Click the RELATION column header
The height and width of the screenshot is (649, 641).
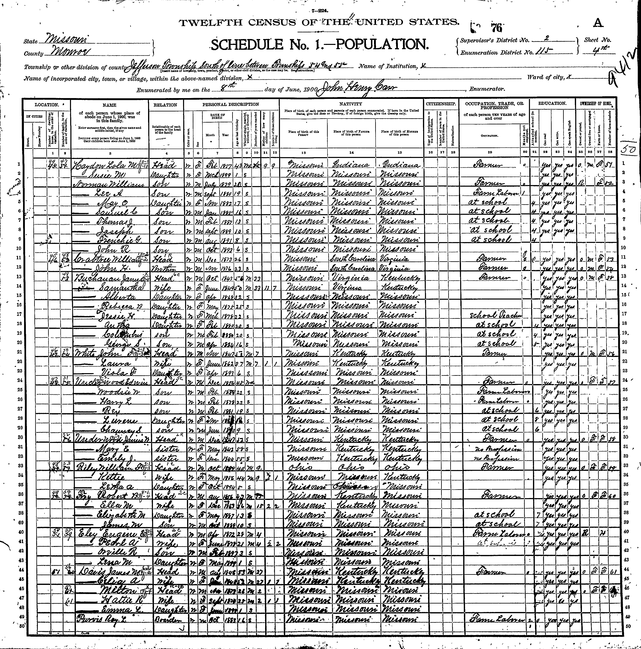(x=165, y=105)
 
